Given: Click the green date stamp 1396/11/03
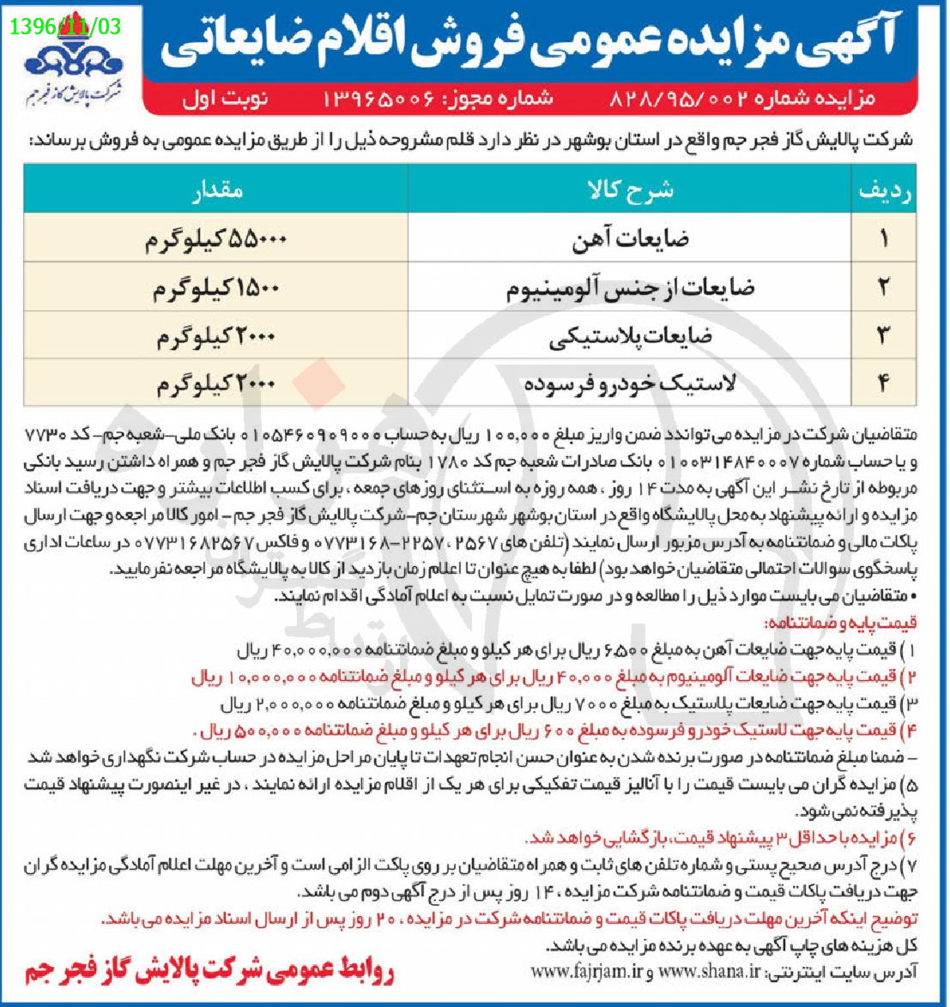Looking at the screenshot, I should click(66, 26).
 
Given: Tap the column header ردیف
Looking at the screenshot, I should click(883, 190).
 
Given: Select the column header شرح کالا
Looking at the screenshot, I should click(630, 190).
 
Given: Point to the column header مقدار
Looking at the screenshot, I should click(216, 190).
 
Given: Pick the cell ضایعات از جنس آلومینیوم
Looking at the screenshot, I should click(630, 288).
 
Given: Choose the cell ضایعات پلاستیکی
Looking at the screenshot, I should click(630, 336).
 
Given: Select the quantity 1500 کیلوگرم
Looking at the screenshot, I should click(216, 288).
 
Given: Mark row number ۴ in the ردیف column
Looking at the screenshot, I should click(883, 383).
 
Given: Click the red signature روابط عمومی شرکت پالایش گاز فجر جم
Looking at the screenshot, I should click(209, 970).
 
